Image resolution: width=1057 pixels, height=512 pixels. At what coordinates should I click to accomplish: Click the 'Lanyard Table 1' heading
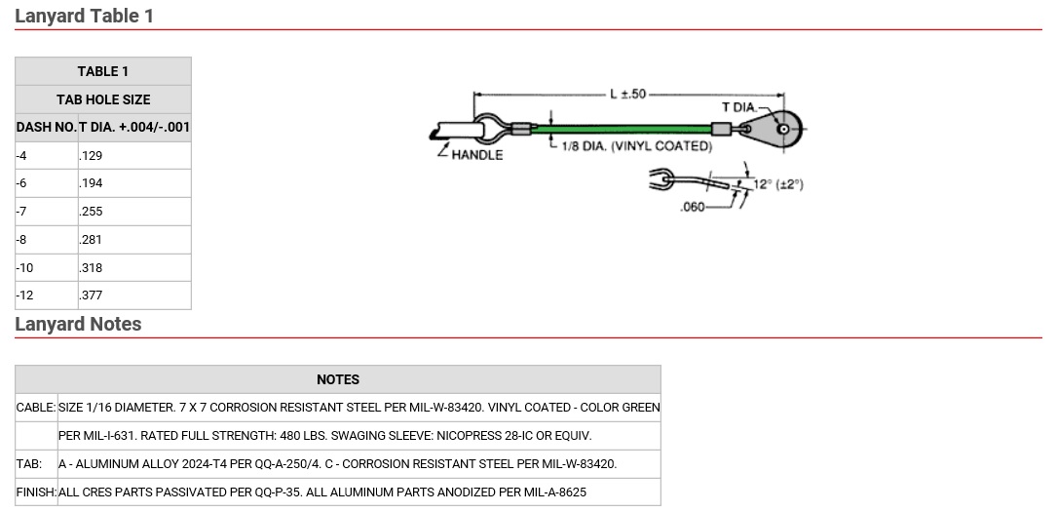tap(84, 16)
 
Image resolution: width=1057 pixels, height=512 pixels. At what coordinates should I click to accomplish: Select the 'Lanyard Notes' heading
tap(78, 324)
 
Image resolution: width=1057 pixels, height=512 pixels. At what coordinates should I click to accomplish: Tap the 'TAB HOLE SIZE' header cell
tap(103, 99)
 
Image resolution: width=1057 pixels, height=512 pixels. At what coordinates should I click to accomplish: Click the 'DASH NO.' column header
tap(46, 127)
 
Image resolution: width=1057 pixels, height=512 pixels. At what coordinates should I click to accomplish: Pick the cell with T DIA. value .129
tap(133, 155)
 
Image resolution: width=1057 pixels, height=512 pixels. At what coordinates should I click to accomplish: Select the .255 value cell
tap(133, 211)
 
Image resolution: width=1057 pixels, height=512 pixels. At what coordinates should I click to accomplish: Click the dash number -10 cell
tap(46, 267)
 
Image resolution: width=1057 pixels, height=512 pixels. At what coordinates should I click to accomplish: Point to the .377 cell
tap(133, 295)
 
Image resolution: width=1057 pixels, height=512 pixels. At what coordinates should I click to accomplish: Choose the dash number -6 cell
tap(46, 183)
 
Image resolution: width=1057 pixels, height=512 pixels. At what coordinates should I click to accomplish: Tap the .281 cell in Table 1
tap(133, 239)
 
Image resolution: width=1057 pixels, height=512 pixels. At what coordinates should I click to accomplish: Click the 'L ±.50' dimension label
tap(627, 94)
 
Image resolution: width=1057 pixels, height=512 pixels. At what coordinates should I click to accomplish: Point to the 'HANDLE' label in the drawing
tap(477, 155)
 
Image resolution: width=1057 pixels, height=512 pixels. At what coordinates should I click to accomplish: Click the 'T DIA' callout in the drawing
tap(737, 107)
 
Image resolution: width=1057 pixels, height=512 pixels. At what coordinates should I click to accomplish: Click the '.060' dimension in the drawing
tap(692, 207)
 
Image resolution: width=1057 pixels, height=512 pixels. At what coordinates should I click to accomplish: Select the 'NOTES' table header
tap(337, 379)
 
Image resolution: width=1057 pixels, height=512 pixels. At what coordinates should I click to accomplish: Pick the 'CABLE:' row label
tap(36, 407)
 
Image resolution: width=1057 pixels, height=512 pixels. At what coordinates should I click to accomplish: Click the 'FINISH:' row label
tap(36, 492)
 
